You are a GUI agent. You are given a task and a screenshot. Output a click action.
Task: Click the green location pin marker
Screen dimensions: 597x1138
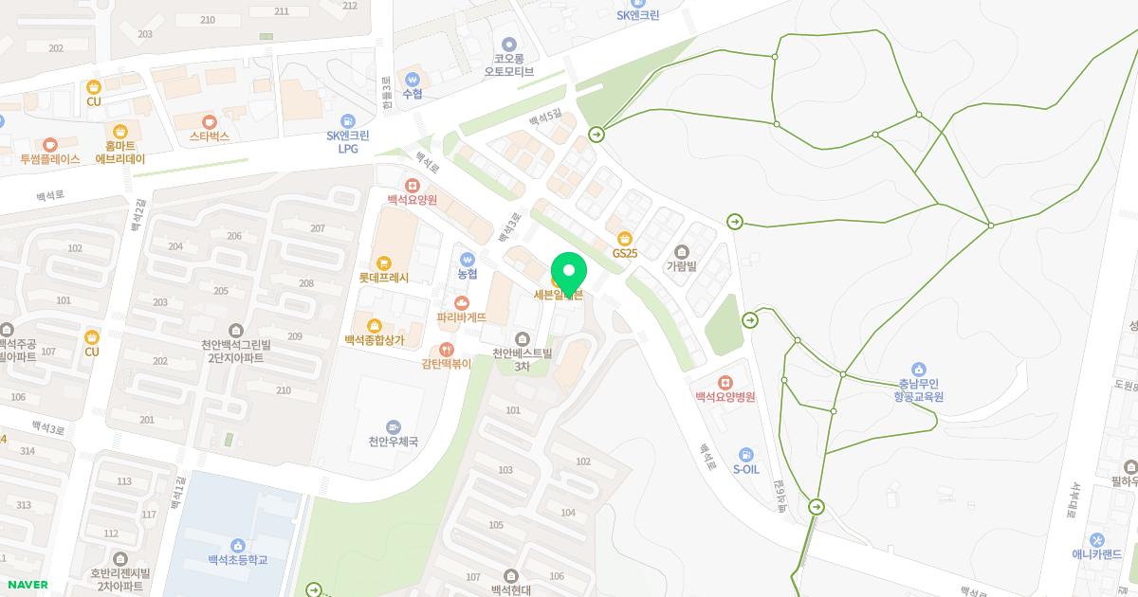(x=569, y=273)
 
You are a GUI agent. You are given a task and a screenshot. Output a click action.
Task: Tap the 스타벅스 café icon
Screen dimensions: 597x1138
(x=210, y=121)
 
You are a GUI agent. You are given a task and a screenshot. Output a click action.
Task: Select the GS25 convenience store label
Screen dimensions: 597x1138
(x=624, y=253)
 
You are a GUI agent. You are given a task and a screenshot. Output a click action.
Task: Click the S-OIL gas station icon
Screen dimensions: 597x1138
(x=746, y=455)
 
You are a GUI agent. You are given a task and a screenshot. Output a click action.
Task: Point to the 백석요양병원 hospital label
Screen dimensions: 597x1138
(x=725, y=397)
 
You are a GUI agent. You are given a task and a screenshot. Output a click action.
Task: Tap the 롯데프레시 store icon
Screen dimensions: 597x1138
(x=383, y=262)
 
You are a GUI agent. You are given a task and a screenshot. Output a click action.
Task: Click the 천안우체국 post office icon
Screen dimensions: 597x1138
(x=394, y=427)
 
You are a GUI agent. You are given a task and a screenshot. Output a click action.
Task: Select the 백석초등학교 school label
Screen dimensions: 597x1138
(x=237, y=560)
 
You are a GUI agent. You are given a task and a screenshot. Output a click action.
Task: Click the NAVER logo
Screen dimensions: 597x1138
(x=27, y=585)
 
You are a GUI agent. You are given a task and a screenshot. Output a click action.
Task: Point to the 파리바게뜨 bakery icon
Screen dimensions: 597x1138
(x=462, y=302)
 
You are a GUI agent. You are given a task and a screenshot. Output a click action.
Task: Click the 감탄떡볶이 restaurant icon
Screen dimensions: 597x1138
(x=447, y=350)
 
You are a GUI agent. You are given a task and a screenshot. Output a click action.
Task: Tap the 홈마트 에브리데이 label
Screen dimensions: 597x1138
(x=120, y=153)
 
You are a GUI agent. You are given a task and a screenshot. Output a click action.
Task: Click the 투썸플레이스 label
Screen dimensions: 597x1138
(x=50, y=159)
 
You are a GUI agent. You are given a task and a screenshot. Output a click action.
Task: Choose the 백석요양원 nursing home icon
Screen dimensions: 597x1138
(x=412, y=186)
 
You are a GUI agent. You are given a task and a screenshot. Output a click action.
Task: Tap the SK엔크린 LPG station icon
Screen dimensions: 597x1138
(x=348, y=121)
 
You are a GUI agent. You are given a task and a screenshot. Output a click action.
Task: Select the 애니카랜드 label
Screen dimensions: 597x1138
(x=1097, y=554)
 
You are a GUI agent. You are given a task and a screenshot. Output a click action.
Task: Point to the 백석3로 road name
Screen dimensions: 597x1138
(x=47, y=428)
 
